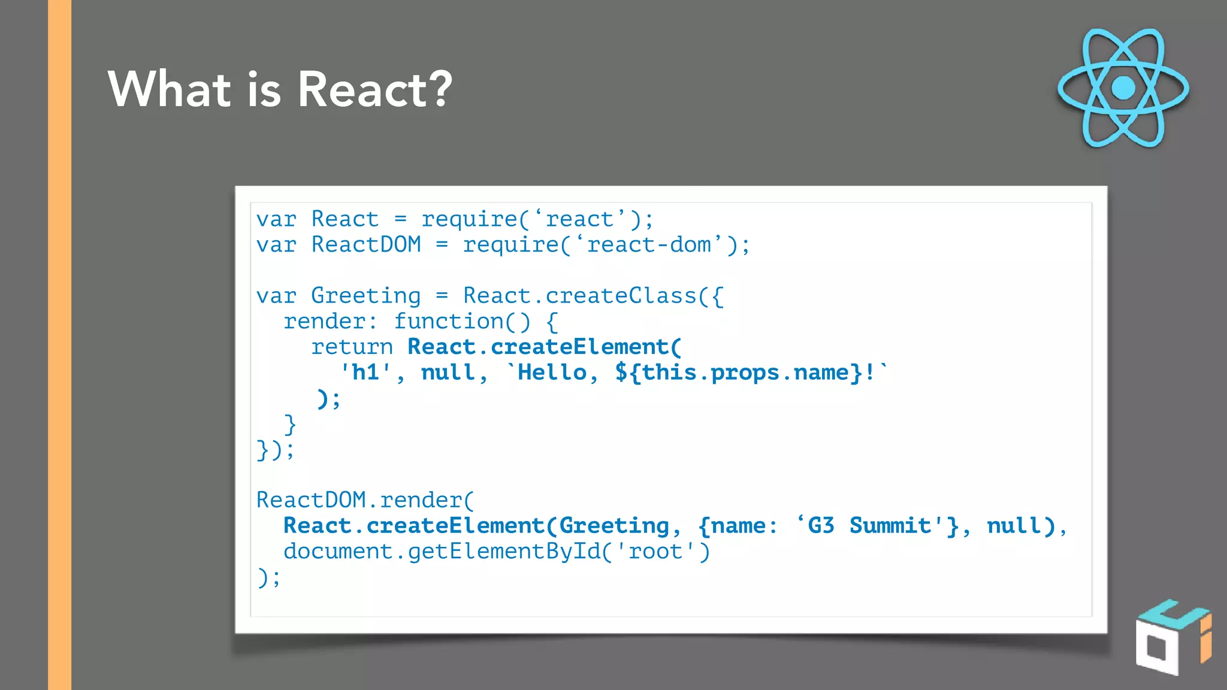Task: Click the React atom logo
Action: click(x=1123, y=88)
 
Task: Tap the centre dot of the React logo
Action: click(x=1123, y=88)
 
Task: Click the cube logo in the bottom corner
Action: click(x=1172, y=637)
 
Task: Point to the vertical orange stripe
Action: click(x=59, y=345)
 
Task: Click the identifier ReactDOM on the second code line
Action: click(x=366, y=245)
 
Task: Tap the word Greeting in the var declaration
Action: click(x=365, y=296)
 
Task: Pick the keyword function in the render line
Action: click(x=449, y=322)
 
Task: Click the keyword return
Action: click(x=352, y=347)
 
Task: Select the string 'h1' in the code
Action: click(x=365, y=373)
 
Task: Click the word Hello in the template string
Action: click(x=552, y=373)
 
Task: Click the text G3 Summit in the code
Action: click(x=868, y=526)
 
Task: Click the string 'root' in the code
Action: click(x=655, y=552)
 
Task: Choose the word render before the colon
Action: click(x=324, y=322)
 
